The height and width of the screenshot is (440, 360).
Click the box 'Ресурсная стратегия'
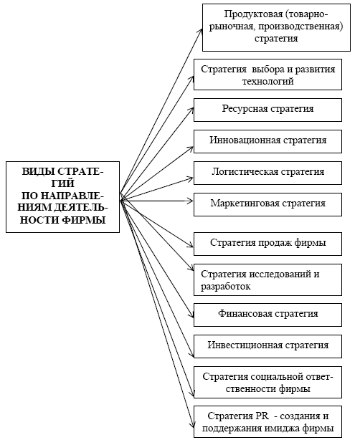[267, 110]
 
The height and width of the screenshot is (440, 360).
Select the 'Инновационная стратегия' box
[267, 141]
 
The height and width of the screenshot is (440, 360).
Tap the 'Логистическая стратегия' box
[267, 173]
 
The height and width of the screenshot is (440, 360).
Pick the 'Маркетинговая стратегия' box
[267, 204]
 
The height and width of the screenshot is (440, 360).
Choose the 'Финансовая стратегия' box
[267, 315]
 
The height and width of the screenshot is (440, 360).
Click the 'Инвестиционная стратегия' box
[267, 346]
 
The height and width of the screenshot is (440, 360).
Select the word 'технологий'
[268, 82]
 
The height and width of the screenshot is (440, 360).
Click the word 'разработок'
[225, 287]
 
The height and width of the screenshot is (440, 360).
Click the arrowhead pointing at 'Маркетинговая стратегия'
[191, 201]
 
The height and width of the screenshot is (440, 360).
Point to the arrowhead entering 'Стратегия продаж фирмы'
[191, 245]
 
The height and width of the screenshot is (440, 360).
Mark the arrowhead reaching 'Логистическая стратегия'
[190, 178]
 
